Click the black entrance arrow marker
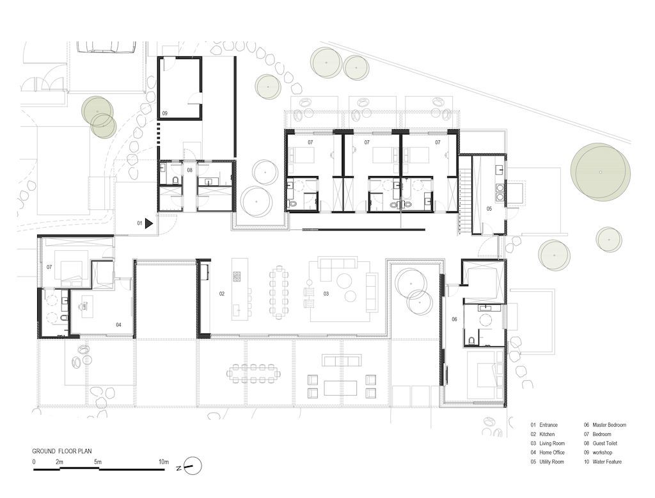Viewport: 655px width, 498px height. [x=149, y=223]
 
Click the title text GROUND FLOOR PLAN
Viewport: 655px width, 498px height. [x=62, y=451]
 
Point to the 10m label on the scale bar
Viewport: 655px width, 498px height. [x=164, y=462]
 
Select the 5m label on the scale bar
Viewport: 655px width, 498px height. [x=97, y=462]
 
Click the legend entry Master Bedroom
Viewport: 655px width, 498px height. [x=605, y=425]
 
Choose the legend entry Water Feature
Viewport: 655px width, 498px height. [x=603, y=462]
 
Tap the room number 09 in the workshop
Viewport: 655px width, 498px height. [x=164, y=113]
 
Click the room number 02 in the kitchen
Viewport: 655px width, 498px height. [x=222, y=294]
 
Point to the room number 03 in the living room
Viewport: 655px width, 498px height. [x=326, y=294]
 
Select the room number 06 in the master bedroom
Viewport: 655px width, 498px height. [x=454, y=319]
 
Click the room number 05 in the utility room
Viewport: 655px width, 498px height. [x=489, y=208]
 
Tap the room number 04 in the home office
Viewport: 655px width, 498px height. [x=118, y=325]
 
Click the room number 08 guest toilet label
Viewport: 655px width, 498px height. [x=189, y=170]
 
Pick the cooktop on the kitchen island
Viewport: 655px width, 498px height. [x=237, y=277]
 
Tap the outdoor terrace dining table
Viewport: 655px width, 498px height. [x=253, y=373]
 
